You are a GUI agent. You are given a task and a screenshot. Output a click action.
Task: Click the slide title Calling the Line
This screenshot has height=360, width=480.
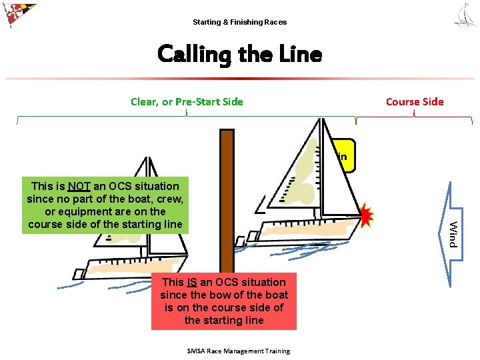click(x=239, y=54)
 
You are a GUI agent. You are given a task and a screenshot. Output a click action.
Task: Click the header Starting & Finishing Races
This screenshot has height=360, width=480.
click(x=239, y=22)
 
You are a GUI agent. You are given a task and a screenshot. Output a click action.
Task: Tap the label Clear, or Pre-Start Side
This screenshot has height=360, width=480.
click(x=187, y=102)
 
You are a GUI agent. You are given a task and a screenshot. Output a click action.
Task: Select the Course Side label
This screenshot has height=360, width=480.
click(x=414, y=102)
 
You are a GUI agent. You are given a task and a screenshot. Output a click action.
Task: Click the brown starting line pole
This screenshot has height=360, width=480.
click(x=227, y=200)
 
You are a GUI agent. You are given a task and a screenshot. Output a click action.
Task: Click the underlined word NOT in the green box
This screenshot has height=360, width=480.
click(x=79, y=186)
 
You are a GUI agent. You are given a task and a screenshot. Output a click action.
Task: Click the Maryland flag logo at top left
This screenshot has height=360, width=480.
click(x=18, y=14)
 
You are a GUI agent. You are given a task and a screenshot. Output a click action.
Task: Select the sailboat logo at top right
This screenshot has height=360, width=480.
click(x=465, y=15)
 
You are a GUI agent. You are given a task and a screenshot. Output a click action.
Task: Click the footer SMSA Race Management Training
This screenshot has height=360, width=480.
click(x=239, y=351)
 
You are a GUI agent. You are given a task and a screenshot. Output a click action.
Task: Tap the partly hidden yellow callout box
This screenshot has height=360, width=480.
click(x=345, y=157)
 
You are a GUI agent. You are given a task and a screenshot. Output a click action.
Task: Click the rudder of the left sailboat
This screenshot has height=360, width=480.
click(x=79, y=273)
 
